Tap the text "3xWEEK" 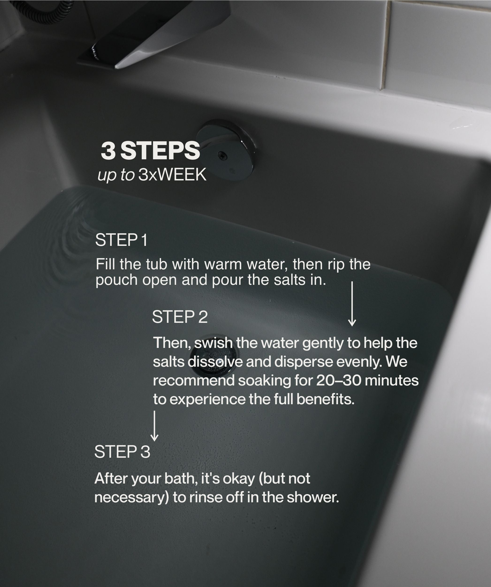pyautogui.click(x=172, y=175)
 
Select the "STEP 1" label pyautogui.click(x=121, y=240)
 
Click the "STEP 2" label pyautogui.click(x=180, y=317)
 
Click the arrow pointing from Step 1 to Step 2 pyautogui.click(x=352, y=304)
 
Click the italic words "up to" pyautogui.click(x=116, y=175)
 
